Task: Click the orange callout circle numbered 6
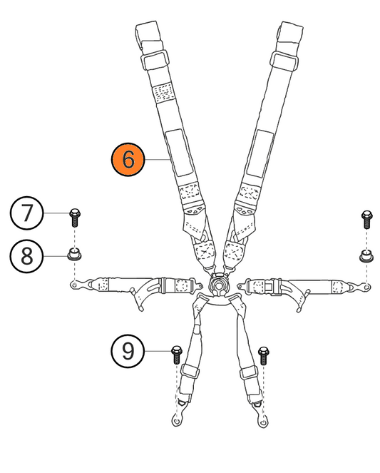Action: tap(128, 159)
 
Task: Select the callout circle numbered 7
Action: tap(26, 213)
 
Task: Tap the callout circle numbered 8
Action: tap(26, 256)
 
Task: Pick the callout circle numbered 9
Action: tap(128, 351)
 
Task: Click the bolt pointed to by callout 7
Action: tap(75, 218)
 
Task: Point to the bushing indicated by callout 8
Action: tap(74, 254)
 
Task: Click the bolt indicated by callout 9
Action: tap(176, 355)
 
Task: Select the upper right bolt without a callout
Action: tap(366, 219)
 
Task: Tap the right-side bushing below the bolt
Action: tap(366, 256)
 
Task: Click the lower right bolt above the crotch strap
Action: tap(264, 356)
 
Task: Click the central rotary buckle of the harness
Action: tap(220, 285)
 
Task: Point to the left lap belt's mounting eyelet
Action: tap(75, 284)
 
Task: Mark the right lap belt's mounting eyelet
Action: tap(366, 286)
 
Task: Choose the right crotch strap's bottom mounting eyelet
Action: tap(263, 420)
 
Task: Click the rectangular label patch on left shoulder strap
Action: tap(178, 153)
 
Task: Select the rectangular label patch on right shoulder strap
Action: tap(260, 154)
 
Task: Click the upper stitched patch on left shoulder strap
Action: tap(163, 92)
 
